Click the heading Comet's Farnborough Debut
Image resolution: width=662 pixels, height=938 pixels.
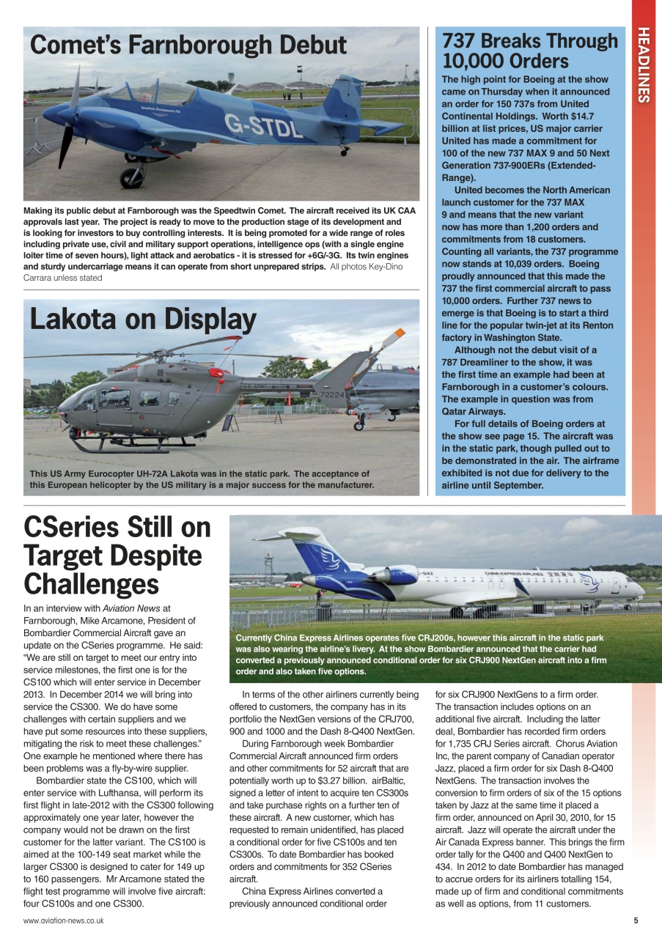click(188, 45)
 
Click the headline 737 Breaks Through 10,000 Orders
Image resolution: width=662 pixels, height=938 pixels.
click(530, 51)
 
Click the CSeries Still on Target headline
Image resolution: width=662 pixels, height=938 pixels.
click(117, 555)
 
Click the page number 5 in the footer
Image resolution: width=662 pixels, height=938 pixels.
click(636, 920)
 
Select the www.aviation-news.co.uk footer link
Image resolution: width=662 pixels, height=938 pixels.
click(63, 920)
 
